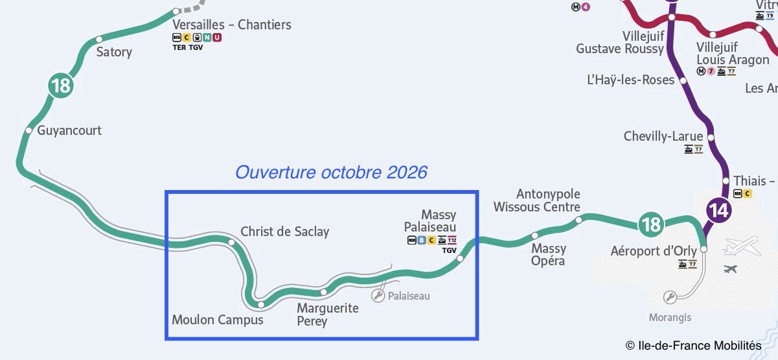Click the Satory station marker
click(x=99, y=40)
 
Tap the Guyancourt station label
click(x=69, y=130)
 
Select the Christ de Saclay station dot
click(x=231, y=243)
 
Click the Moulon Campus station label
click(x=217, y=320)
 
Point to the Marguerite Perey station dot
click(x=324, y=293)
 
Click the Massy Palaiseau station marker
click(x=460, y=259)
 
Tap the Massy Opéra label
click(x=548, y=254)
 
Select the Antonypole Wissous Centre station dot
click(x=579, y=221)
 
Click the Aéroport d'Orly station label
click(x=654, y=251)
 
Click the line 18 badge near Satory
click(x=61, y=85)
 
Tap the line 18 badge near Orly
click(x=650, y=224)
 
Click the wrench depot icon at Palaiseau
click(x=377, y=296)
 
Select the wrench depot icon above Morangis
click(x=670, y=298)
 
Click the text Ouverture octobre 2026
click(x=331, y=173)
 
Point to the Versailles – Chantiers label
click(x=231, y=25)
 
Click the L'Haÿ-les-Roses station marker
click(x=681, y=80)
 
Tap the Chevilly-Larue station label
click(x=663, y=136)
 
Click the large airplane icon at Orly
click(x=741, y=246)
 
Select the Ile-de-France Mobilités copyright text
click(x=694, y=346)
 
